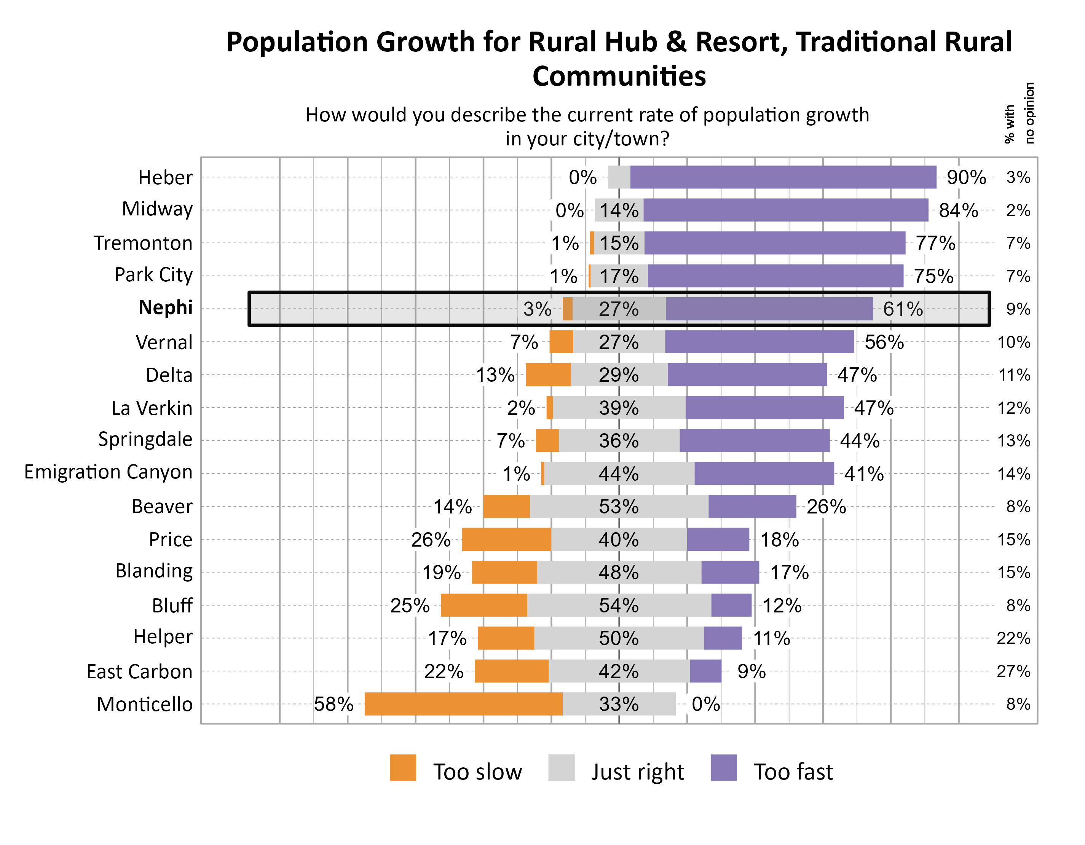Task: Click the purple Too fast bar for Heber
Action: pyautogui.click(x=783, y=177)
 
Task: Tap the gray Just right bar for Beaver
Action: pyautogui.click(x=619, y=507)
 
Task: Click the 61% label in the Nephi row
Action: pyautogui.click(x=903, y=309)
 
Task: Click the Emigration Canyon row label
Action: pyautogui.click(x=108, y=472)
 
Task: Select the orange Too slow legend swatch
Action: pyautogui.click(x=402, y=767)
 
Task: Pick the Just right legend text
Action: pyautogui.click(x=637, y=772)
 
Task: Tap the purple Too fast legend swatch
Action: pyautogui.click(x=723, y=767)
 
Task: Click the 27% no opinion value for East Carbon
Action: pyautogui.click(x=1013, y=671)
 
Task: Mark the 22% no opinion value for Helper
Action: pyautogui.click(x=1013, y=638)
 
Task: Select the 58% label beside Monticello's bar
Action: pyautogui.click(x=333, y=704)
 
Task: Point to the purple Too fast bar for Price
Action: pyautogui.click(x=718, y=539)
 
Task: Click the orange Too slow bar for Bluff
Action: pyautogui.click(x=483, y=605)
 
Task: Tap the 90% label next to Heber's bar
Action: pyautogui.click(x=966, y=177)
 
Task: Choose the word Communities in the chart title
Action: pyautogui.click(x=619, y=76)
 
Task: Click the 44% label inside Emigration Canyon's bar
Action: pyautogui.click(x=619, y=474)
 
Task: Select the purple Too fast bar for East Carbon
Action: pyautogui.click(x=705, y=671)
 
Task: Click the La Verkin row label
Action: pyautogui.click(x=152, y=408)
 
